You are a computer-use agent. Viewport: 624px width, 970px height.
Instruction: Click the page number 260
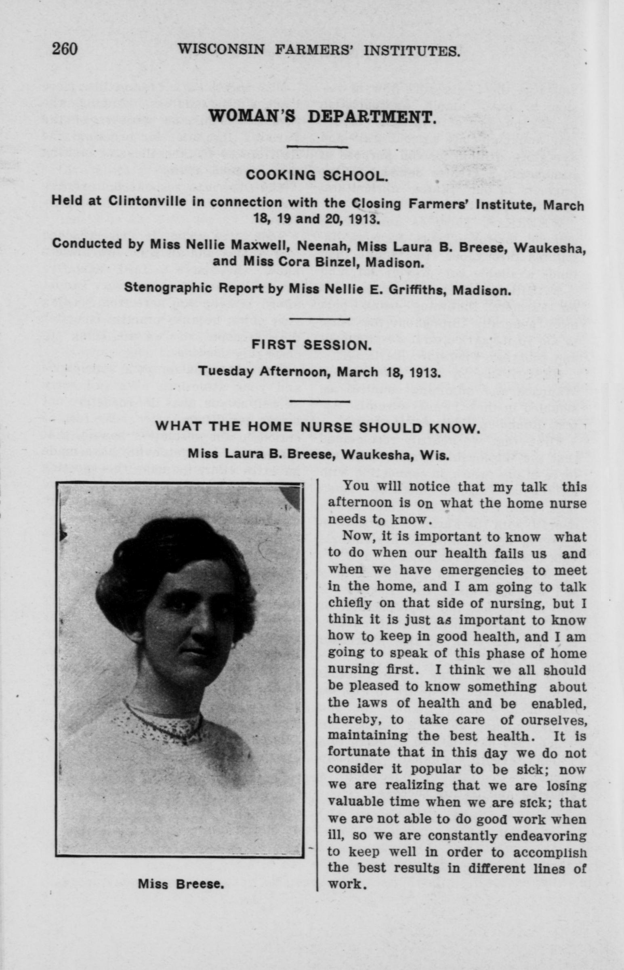click(65, 49)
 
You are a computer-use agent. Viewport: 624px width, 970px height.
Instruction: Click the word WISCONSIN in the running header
click(221, 50)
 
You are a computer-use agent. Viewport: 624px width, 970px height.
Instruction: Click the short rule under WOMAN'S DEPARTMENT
click(317, 146)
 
